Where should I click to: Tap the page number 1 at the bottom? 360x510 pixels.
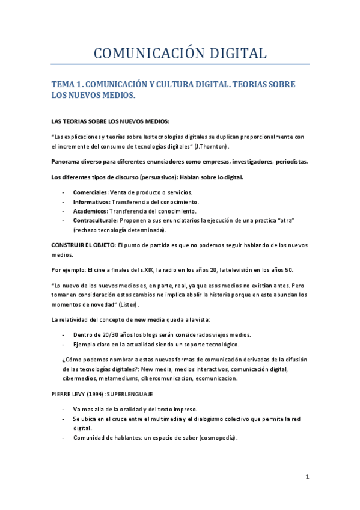[x=307, y=477]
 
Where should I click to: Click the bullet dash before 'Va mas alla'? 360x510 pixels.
[x=64, y=409]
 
